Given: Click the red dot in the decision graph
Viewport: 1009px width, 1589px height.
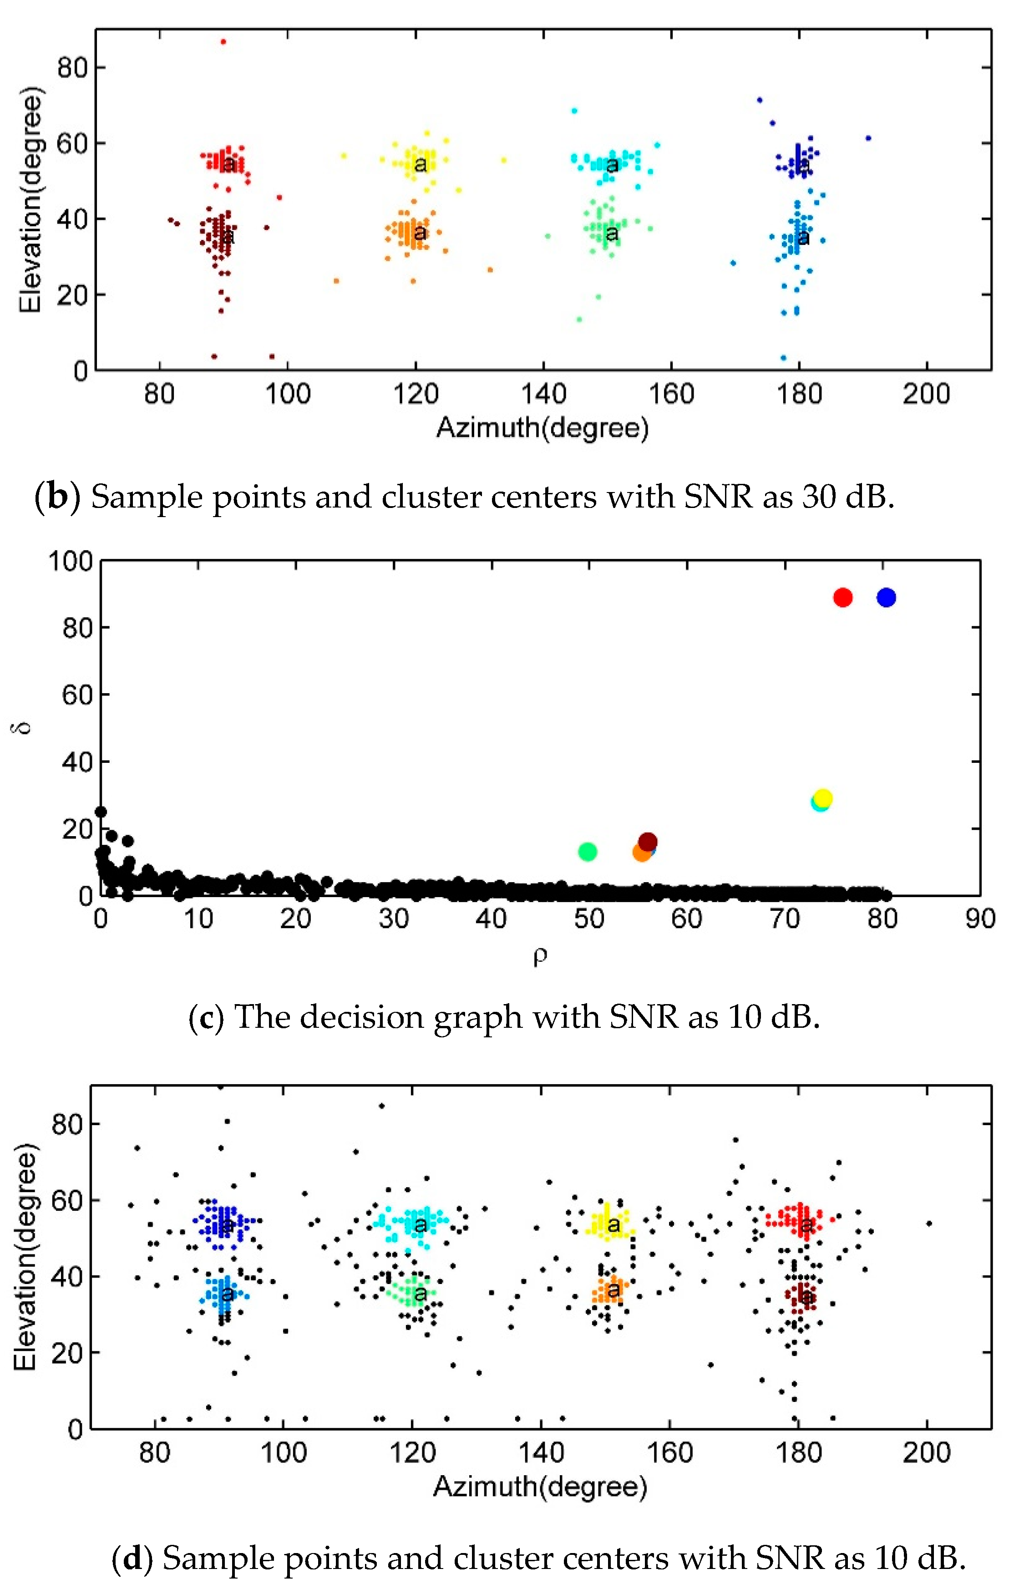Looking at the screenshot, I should coord(843,597).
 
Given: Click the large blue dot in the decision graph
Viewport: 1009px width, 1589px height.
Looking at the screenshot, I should coord(886,597).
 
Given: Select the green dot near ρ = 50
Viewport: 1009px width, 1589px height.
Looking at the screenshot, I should coord(587,852).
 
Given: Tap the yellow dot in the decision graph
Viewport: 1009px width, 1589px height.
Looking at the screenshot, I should coord(823,798).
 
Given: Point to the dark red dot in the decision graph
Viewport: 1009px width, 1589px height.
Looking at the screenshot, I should coord(648,841).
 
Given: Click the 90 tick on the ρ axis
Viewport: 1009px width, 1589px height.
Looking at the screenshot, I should coord(980,919).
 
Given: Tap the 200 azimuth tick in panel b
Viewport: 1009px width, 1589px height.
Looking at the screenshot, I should coord(927,394).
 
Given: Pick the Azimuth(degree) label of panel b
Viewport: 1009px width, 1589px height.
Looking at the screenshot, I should coord(543,428).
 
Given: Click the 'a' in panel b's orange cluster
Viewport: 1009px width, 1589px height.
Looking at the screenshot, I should coord(420,233).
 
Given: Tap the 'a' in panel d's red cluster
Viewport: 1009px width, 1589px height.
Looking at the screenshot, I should coord(806,1225).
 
